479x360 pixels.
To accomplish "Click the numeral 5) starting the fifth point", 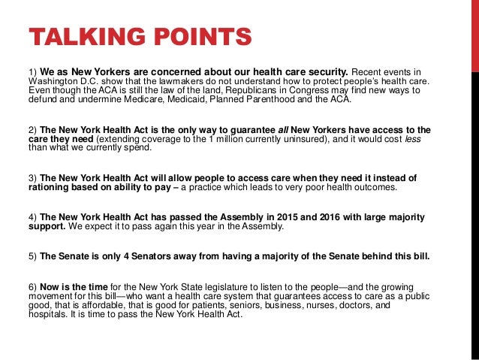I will coord(32,256).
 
